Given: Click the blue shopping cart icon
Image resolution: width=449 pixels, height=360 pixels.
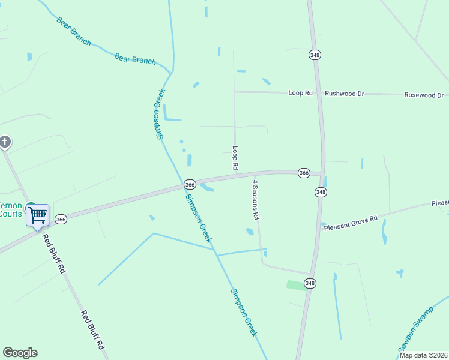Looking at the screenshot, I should click(38, 214).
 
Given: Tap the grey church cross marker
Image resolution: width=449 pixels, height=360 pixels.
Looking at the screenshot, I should click(5, 142).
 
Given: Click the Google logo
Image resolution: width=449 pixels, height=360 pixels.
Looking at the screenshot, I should click(20, 353).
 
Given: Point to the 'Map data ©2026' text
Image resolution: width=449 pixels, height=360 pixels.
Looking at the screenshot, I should click(424, 355).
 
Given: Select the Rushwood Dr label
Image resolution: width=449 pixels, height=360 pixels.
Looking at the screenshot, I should click(345, 94).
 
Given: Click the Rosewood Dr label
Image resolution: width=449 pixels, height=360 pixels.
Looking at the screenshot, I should click(424, 95).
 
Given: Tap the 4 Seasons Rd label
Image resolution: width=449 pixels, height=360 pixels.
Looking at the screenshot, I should click(255, 199).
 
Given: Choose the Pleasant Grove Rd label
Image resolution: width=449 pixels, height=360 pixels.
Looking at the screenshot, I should click(350, 223).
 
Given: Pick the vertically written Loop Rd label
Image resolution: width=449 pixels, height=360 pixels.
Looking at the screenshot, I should click(235, 157).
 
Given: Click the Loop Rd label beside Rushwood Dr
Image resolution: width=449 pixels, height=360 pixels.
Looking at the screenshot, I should click(301, 93).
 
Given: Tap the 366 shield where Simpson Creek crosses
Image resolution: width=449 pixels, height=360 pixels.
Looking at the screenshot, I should click(190, 184).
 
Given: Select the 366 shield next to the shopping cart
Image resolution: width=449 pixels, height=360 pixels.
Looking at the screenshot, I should click(61, 220).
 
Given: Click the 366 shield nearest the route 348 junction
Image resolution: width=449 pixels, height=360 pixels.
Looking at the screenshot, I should click(304, 173).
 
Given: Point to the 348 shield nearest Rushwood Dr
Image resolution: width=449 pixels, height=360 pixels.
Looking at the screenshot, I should click(315, 55).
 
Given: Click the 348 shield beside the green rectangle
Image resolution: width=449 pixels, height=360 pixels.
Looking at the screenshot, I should click(310, 283).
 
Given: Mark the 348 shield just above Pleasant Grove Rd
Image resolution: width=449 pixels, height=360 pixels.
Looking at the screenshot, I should click(321, 192).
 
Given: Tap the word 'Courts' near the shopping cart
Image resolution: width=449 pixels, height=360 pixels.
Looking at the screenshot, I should click(10, 214).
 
